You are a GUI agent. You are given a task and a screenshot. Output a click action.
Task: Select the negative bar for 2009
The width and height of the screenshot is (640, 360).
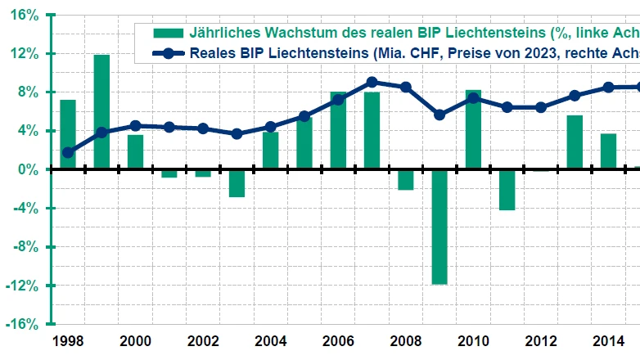click(439, 227)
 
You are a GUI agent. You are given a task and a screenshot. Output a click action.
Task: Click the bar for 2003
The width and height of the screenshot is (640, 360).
click(237, 183)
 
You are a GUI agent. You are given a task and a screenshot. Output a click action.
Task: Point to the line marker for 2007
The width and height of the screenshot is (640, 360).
click(372, 82)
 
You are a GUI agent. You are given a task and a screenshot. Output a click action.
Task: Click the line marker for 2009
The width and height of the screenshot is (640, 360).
click(439, 115)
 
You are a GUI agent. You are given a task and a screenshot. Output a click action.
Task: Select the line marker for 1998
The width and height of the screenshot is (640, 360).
click(68, 152)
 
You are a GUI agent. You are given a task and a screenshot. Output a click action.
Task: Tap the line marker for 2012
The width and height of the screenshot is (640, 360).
click(541, 107)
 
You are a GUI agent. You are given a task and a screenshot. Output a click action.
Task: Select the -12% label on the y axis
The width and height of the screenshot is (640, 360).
click(23, 286)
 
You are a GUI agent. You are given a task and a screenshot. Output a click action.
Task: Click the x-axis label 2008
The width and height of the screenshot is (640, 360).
click(405, 340)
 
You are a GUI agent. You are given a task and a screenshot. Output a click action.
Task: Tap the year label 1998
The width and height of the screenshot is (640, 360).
click(68, 340)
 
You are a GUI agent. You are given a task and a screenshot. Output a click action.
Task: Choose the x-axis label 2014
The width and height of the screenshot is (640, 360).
click(608, 340)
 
